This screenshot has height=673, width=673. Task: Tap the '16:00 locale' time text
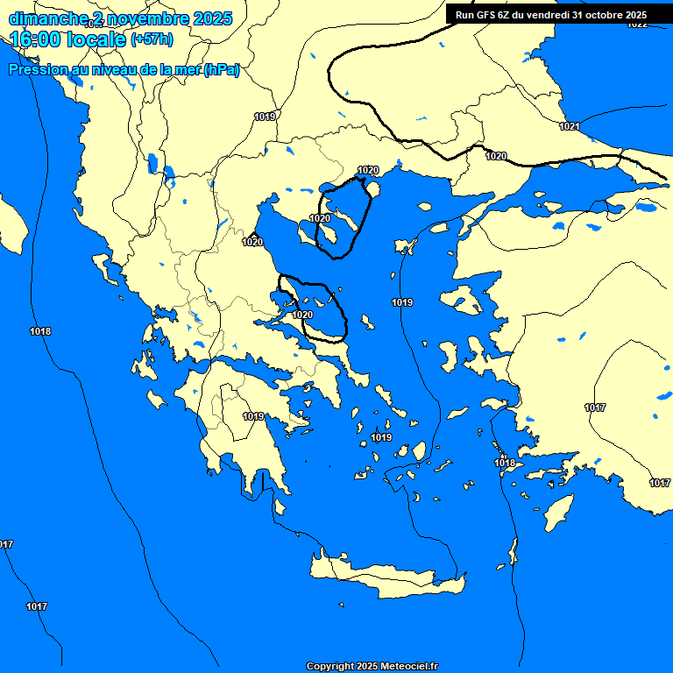coord(67,39)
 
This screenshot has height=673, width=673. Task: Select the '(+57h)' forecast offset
coord(152,39)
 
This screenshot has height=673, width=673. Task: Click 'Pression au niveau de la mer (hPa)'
coord(124,70)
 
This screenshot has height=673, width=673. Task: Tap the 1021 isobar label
coord(570,127)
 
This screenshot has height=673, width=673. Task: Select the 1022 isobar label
coord(637,24)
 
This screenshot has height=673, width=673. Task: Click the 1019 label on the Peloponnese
coord(254,416)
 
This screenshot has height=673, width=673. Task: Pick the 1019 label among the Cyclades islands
coord(381,437)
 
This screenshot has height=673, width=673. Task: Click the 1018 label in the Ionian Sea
coord(40,331)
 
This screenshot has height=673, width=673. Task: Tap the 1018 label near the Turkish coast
coord(505,463)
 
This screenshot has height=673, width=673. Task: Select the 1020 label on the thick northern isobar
coord(496,156)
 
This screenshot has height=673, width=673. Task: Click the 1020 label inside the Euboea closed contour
coord(302,314)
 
